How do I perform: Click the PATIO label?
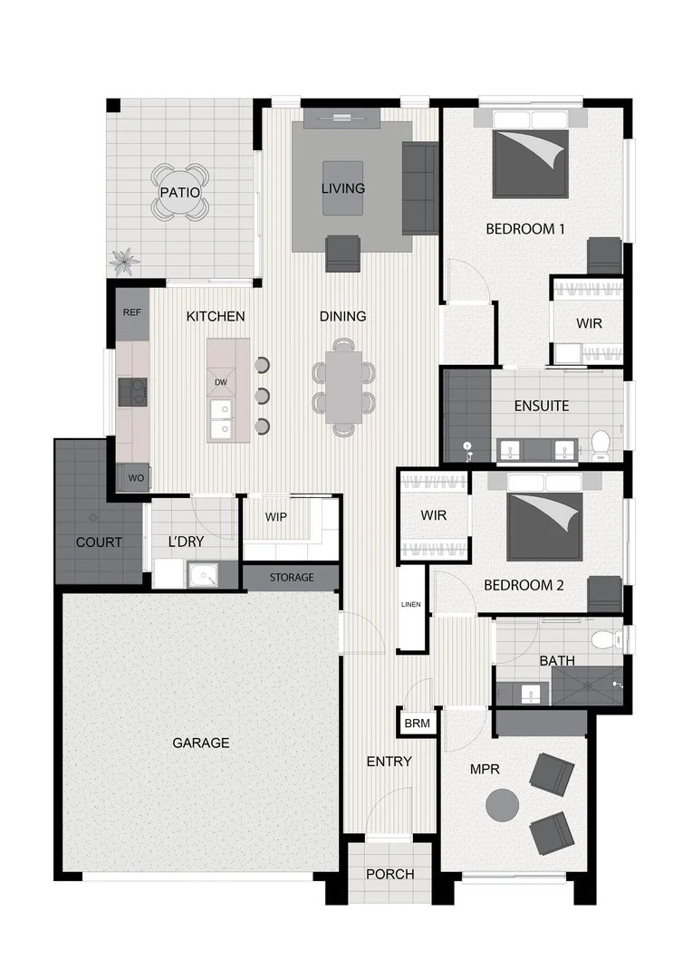click(179, 193)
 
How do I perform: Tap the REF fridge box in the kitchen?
click(132, 312)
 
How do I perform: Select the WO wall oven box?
click(136, 478)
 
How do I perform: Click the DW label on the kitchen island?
click(221, 382)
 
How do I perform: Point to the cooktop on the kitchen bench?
click(132, 391)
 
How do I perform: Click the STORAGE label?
click(292, 577)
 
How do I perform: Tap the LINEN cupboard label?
click(411, 605)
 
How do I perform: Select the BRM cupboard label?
click(417, 724)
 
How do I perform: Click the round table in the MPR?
click(503, 804)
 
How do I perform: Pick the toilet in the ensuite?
click(600, 443)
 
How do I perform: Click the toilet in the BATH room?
click(602, 641)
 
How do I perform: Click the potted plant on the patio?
click(124, 262)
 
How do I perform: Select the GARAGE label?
click(201, 743)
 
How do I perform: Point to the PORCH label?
click(390, 875)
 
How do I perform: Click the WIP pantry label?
click(276, 517)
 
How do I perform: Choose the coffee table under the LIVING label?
click(343, 187)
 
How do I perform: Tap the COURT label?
click(99, 542)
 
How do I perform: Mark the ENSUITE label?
click(542, 406)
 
